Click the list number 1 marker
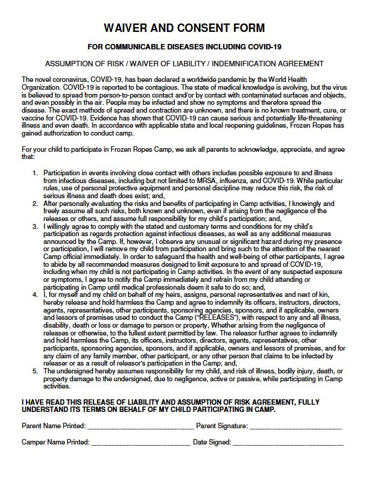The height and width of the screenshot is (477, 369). [36, 173]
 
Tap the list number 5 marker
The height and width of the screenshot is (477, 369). [36, 371]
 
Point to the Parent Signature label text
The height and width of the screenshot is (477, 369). [222, 426]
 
